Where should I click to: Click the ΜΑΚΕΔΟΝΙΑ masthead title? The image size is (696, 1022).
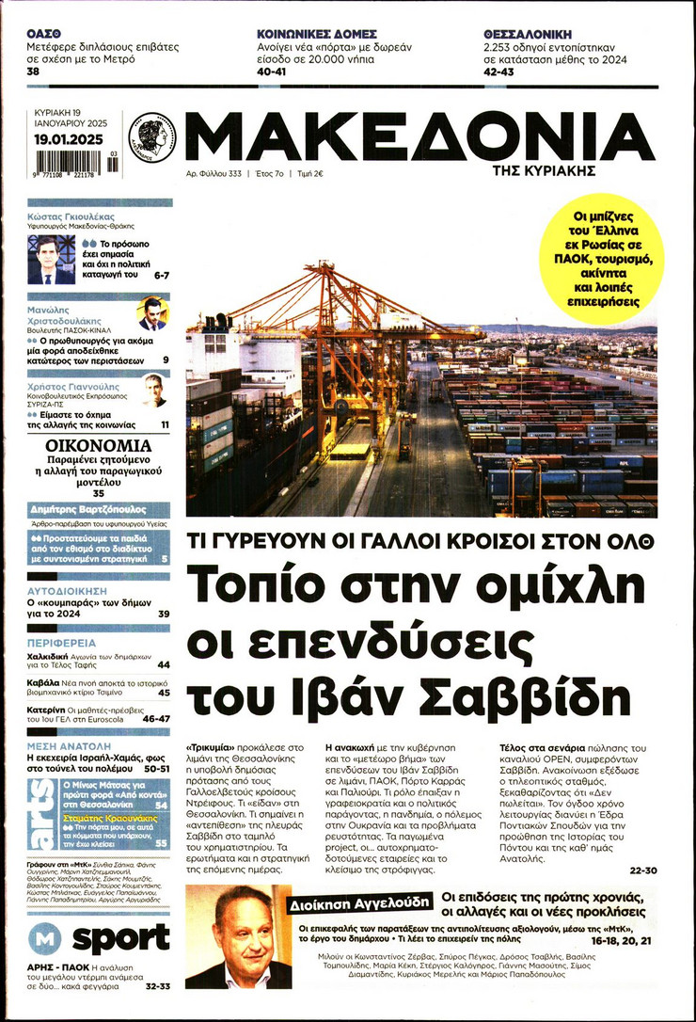click(x=419, y=137)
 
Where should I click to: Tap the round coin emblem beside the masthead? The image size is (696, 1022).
click(x=152, y=136)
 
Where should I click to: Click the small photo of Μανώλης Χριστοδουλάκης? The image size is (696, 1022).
click(x=151, y=313)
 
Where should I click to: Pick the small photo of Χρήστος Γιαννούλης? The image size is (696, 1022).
click(x=153, y=390)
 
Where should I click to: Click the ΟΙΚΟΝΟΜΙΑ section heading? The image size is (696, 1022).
click(x=99, y=445)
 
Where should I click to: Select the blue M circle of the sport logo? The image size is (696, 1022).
click(x=44, y=939)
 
